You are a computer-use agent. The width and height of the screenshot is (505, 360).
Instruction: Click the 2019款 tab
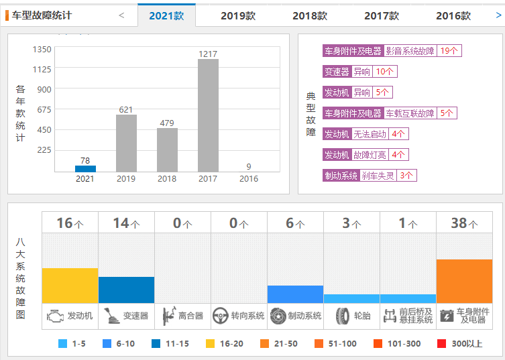tap(238, 15)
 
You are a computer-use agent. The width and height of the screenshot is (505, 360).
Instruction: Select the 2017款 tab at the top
tap(382, 15)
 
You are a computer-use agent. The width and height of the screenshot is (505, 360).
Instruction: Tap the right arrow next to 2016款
tap(498, 15)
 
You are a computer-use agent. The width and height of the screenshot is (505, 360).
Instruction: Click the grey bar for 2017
tap(208, 115)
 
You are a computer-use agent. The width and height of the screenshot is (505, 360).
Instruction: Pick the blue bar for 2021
tap(85, 169)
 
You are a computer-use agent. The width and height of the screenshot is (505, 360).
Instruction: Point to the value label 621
tap(126, 109)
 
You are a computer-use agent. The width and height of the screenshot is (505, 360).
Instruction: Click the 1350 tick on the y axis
tap(42, 49)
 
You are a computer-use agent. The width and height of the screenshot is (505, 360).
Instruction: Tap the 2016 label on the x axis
tap(249, 179)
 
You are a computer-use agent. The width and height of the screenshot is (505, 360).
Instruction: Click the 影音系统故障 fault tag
tap(410, 51)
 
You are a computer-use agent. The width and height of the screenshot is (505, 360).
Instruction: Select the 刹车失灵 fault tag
tap(378, 176)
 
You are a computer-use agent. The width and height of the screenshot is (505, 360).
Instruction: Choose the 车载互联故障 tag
tap(410, 113)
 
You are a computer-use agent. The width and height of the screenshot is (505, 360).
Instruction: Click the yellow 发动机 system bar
tap(70, 285)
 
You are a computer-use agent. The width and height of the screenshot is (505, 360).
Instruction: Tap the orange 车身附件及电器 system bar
tap(464, 281)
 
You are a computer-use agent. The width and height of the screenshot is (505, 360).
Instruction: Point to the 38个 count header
tap(464, 223)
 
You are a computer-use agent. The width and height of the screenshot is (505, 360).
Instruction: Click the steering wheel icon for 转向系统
tap(220, 316)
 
